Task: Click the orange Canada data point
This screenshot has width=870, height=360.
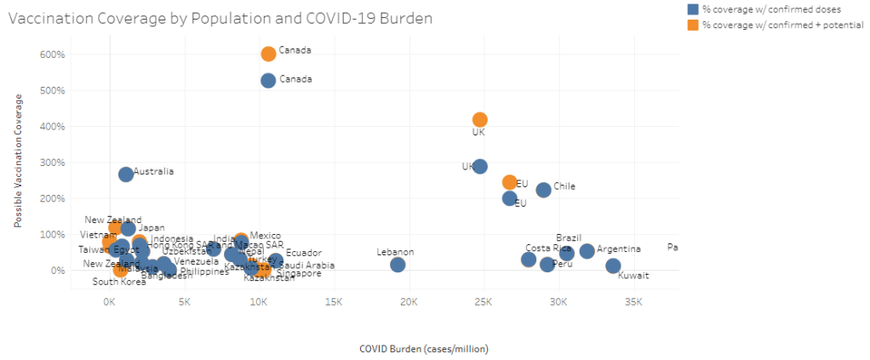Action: coord(268,54)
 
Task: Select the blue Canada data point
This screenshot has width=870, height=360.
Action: coord(268,80)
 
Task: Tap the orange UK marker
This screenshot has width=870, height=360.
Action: coord(480,120)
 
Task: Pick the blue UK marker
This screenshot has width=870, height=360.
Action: coord(480,166)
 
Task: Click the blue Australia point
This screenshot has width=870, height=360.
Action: coord(126,174)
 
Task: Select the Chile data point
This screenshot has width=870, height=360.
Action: coord(543,189)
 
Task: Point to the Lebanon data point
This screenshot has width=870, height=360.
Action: coord(398,265)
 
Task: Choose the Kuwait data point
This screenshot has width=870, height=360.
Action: coord(613,266)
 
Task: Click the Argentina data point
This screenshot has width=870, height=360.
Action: coord(587,250)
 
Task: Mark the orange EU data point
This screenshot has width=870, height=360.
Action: coord(510,182)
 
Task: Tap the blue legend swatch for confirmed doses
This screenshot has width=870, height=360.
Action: coord(694,9)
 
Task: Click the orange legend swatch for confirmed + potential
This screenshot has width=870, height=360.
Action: coord(694,25)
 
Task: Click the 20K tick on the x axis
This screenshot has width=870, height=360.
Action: coord(409,302)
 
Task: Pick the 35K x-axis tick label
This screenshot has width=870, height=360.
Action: coord(633,302)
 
